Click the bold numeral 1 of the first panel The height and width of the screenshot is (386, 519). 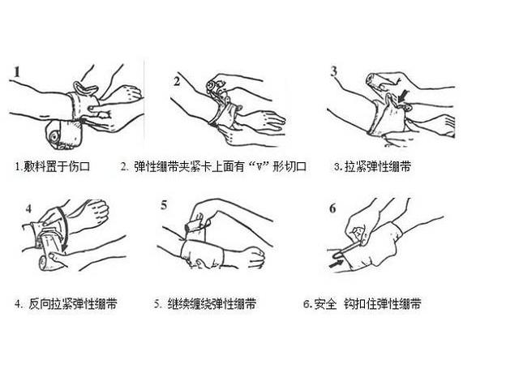(x=17, y=72)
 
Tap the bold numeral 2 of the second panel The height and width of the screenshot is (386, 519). (x=177, y=81)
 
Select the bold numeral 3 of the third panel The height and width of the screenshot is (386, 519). (x=334, y=71)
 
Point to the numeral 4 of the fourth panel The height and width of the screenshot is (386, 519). (x=28, y=209)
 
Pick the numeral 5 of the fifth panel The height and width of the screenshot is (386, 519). (x=164, y=205)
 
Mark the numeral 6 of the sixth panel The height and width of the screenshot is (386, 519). (x=332, y=208)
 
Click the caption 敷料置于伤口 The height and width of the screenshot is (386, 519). (x=57, y=166)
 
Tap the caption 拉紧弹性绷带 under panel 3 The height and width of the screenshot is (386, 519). (x=378, y=166)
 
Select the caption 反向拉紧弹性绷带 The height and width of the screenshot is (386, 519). (x=73, y=303)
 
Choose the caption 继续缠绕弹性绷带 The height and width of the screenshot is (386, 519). (x=212, y=303)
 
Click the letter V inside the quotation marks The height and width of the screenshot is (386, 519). (x=259, y=166)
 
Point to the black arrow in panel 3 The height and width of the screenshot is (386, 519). (x=402, y=96)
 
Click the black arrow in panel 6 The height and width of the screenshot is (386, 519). (x=336, y=264)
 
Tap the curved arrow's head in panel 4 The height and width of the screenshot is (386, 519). (x=65, y=247)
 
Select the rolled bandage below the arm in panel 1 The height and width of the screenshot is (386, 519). (x=64, y=135)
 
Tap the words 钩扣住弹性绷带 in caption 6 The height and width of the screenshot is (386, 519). (x=382, y=303)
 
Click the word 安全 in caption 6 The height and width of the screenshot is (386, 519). (x=325, y=303)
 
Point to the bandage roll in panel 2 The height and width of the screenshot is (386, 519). (x=216, y=87)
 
